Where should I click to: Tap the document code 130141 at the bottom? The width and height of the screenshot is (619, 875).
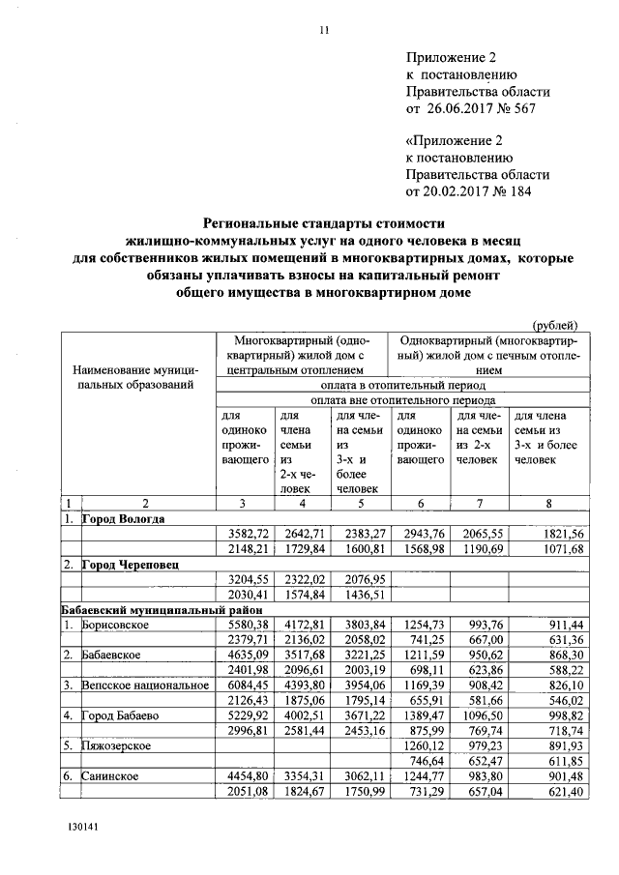pos(83,829)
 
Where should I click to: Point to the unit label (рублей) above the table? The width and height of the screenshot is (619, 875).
pos(555,324)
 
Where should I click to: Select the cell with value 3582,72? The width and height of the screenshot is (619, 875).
pos(246,534)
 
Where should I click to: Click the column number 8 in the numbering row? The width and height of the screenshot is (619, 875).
pos(548,503)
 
